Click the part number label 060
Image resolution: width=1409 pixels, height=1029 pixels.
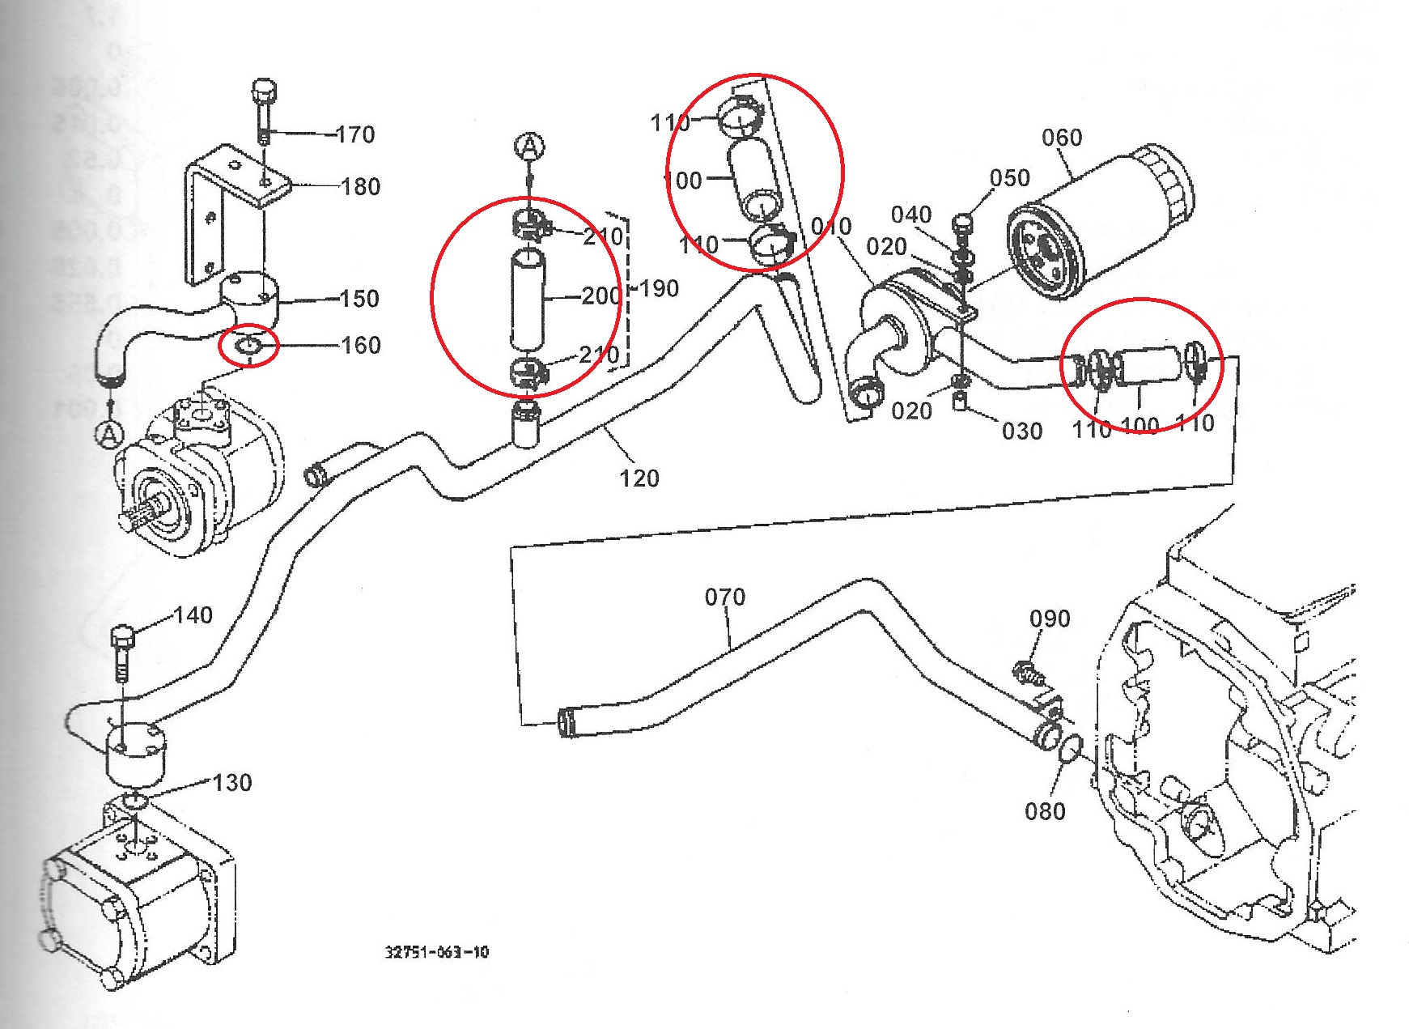pos(1061,138)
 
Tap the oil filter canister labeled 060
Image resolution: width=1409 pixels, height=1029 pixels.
pos(1101,223)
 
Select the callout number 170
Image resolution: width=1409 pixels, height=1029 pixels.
pos(355,134)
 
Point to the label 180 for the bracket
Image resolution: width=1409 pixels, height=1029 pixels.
pos(361,187)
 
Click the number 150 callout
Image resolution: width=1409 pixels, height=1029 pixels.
pos(360,299)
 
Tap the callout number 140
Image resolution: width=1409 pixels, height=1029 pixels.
pos(193,615)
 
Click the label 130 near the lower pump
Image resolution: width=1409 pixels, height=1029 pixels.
pos(232,783)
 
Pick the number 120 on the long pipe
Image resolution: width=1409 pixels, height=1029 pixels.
pos(639,478)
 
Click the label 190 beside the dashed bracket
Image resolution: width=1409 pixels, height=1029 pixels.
pos(659,288)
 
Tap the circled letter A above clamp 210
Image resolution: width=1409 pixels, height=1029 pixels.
pos(529,147)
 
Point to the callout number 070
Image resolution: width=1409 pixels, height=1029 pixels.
pos(724,597)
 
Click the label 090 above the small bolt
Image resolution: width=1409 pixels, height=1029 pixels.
pos(1050,619)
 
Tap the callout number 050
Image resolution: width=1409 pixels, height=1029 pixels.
pos(1009,178)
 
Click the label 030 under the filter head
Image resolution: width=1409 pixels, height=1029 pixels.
pos(1021,432)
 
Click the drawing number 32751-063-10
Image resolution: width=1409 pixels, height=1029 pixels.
pos(437,952)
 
